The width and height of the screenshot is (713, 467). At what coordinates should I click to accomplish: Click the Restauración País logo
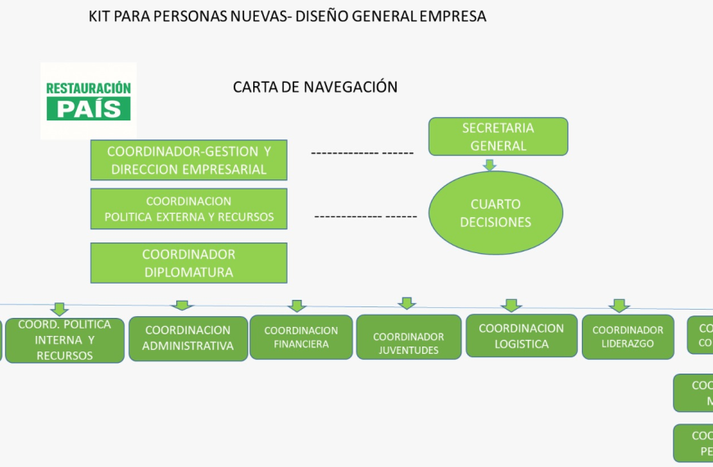click(89, 101)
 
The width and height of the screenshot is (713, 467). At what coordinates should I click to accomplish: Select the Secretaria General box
click(497, 137)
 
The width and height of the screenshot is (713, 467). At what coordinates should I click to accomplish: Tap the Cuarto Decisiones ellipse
click(495, 213)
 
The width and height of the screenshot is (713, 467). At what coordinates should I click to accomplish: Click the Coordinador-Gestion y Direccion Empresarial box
click(188, 160)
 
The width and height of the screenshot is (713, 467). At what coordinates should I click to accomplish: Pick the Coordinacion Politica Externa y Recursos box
click(188, 209)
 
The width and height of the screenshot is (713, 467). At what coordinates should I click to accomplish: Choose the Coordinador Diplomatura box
click(188, 263)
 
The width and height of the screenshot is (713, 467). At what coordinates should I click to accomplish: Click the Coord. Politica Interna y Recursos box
click(65, 340)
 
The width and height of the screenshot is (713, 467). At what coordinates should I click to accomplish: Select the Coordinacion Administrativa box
click(188, 338)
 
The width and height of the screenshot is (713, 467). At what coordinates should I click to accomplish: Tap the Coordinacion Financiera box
click(301, 337)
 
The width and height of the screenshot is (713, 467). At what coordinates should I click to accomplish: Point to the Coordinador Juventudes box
click(408, 337)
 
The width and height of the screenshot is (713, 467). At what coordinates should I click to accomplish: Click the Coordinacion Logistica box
click(521, 336)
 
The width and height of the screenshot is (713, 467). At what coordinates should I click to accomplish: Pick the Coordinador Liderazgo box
click(628, 337)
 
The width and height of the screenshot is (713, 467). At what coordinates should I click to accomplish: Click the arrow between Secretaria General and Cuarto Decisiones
click(490, 165)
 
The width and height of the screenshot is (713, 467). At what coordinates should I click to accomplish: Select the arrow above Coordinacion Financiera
click(297, 306)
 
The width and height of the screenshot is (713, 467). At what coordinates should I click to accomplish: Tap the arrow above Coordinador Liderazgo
click(620, 306)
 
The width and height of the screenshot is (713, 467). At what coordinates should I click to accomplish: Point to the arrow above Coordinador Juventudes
click(407, 303)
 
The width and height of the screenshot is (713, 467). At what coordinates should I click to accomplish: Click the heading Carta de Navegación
click(315, 87)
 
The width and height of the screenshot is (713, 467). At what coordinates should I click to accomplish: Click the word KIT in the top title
click(101, 16)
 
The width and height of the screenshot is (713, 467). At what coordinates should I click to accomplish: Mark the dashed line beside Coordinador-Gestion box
click(361, 153)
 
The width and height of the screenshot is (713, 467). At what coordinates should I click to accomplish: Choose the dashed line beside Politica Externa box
click(366, 216)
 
